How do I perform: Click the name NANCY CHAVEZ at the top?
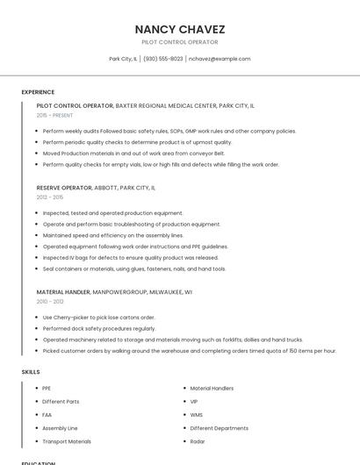point(180,28)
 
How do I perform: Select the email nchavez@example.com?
point(220,59)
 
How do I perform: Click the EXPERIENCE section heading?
point(38,92)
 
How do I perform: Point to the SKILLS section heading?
point(31,372)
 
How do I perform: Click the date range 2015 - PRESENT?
point(54,115)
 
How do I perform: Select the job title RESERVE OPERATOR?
point(64,188)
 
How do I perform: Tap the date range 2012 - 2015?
point(50,197)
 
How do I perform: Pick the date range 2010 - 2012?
point(50,301)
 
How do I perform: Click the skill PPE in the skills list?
point(47,388)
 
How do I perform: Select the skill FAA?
point(47,414)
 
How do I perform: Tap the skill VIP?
point(195,401)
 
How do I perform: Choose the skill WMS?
point(197,414)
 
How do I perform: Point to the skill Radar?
point(198,441)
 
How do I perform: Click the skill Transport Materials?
point(67,441)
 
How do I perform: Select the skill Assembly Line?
point(61,428)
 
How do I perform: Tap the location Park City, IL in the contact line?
point(122,59)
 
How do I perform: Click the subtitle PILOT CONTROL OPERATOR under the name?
point(180,42)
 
